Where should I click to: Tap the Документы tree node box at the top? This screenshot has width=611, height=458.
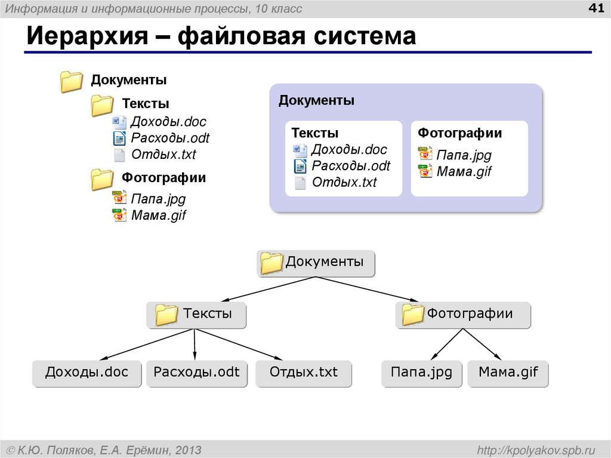(x=316, y=263)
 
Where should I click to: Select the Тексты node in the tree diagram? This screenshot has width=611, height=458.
(x=196, y=314)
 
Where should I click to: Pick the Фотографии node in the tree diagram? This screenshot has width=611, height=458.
(x=462, y=314)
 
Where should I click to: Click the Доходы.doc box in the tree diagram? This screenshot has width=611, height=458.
(x=87, y=373)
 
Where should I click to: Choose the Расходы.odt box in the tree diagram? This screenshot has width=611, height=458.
(x=196, y=373)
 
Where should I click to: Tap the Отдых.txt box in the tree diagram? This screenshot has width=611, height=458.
(x=303, y=373)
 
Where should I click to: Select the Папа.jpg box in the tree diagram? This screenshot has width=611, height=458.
(x=421, y=373)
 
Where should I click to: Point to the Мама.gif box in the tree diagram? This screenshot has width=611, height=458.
(x=508, y=373)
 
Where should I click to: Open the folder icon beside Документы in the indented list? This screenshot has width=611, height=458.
(x=71, y=82)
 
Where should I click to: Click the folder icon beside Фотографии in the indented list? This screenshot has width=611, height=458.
(x=102, y=179)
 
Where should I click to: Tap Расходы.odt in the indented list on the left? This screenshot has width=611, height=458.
(x=170, y=139)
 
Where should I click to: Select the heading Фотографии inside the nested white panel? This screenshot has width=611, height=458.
(x=459, y=133)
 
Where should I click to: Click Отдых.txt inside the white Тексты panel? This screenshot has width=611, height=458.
(x=344, y=183)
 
